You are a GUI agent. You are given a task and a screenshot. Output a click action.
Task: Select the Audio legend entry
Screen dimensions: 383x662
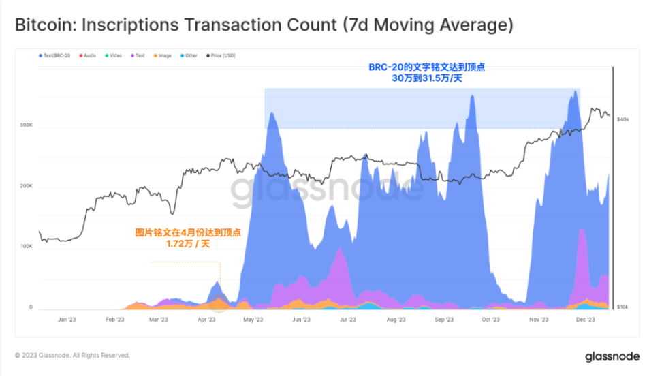88,55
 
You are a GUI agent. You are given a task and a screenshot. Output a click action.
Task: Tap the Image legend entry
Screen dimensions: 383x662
163,55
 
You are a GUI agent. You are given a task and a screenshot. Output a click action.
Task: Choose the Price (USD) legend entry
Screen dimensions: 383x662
221,55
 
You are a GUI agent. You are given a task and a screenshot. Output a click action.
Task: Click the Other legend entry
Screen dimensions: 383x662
189,55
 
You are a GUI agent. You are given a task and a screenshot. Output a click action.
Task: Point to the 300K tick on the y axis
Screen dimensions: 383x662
26,125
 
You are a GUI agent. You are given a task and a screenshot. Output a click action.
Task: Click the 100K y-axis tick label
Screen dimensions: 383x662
26,246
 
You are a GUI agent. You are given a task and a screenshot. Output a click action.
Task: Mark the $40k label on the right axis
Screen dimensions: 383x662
622,119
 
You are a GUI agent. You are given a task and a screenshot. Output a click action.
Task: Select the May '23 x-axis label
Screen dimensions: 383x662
253,319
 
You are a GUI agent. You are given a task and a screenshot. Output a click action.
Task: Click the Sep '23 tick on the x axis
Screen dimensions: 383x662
443,319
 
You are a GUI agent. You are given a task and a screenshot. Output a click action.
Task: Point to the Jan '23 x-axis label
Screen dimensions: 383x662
66,319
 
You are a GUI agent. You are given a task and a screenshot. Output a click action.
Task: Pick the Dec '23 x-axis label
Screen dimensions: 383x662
586,319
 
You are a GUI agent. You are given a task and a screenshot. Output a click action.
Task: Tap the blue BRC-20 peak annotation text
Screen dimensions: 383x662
427,73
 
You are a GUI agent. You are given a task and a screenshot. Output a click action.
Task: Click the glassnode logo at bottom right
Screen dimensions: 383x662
612,356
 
